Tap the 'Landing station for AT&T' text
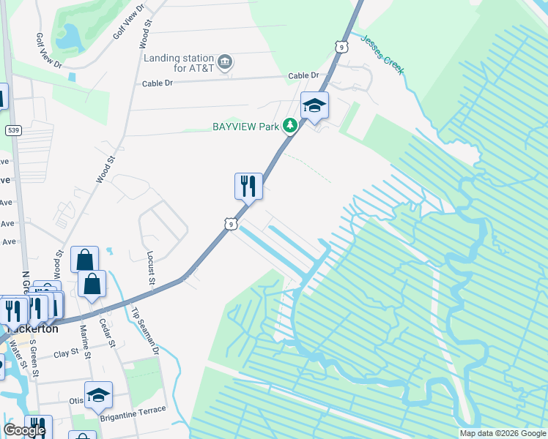pyautogui.click(x=179, y=63)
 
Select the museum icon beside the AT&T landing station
pyautogui.click(x=226, y=61)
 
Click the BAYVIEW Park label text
pyautogui.click(x=246, y=127)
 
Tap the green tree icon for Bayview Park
pyautogui.click(x=291, y=127)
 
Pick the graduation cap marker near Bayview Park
pyautogui.click(x=315, y=106)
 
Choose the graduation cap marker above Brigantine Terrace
pyautogui.click(x=98, y=396)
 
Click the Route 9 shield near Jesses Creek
pyautogui.click(x=342, y=47)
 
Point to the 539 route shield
pyautogui.click(x=12, y=130)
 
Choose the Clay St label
pyautogui.click(x=66, y=354)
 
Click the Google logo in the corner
pyautogui.click(x=24, y=430)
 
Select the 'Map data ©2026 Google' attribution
pyautogui.click(x=502, y=433)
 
